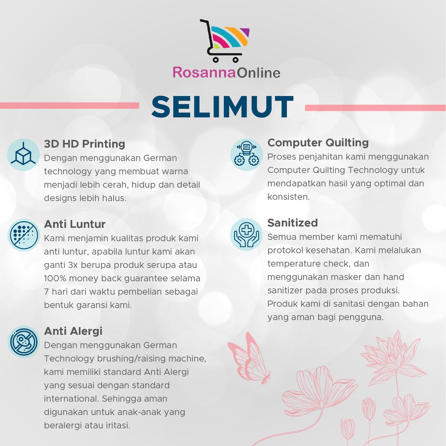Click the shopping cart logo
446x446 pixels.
coord(225,41)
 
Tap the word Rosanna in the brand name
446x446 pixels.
coord(204,73)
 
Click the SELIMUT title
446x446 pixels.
coord(223,107)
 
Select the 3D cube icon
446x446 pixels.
coord(23,155)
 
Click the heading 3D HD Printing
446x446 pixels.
coord(84,144)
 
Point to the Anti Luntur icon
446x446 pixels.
coord(24,235)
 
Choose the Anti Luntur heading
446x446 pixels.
coord(75,224)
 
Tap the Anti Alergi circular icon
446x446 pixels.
coord(24,341)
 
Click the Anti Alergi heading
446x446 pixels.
coord(73,331)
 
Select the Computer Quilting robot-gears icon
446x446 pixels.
coord(247,155)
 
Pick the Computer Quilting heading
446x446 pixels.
coord(318,143)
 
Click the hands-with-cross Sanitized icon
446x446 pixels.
coord(247,234)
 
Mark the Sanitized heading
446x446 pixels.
coord(292,223)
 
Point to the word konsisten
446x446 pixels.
coord(288,197)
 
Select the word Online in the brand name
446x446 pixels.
coord(259,73)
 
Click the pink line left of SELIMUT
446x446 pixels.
coord(69,105)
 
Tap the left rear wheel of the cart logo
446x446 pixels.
coord(216,60)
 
